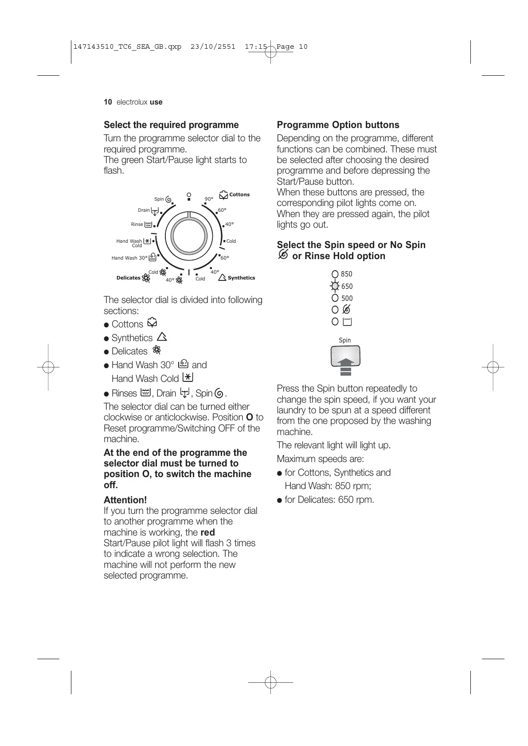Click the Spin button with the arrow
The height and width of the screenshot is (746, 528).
(x=345, y=356)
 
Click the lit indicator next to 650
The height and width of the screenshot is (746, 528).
(x=335, y=286)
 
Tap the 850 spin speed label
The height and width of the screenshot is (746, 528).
(x=347, y=274)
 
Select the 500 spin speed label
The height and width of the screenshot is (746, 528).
(x=347, y=299)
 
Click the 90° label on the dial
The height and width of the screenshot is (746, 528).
(x=209, y=199)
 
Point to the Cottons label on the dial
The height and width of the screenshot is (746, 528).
(x=239, y=194)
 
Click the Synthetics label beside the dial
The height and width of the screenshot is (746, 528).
(x=241, y=278)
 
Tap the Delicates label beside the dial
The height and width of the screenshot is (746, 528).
(x=128, y=278)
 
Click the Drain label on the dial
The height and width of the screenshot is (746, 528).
(x=144, y=210)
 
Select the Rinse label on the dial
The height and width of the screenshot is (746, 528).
(x=137, y=224)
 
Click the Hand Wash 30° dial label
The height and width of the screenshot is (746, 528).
(x=129, y=258)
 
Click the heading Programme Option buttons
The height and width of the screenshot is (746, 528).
(x=338, y=125)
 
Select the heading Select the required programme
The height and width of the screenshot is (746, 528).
(x=171, y=125)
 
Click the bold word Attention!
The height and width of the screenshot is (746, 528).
(x=125, y=500)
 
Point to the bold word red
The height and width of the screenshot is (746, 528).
(x=207, y=532)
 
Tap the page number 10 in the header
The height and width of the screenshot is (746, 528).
(x=108, y=102)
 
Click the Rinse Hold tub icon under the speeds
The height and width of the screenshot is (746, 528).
(x=347, y=322)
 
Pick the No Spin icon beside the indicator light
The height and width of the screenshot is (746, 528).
(x=347, y=310)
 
